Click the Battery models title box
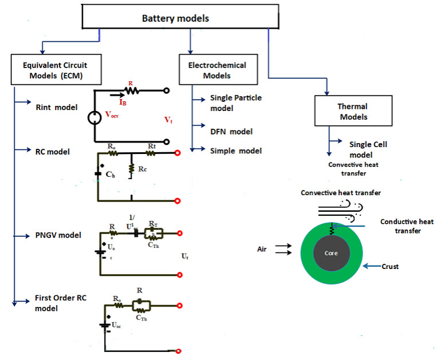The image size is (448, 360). tap(175, 19)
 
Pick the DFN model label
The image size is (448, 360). tap(231, 132)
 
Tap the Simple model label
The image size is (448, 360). tap(236, 151)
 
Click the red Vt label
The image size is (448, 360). tap(168, 120)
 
